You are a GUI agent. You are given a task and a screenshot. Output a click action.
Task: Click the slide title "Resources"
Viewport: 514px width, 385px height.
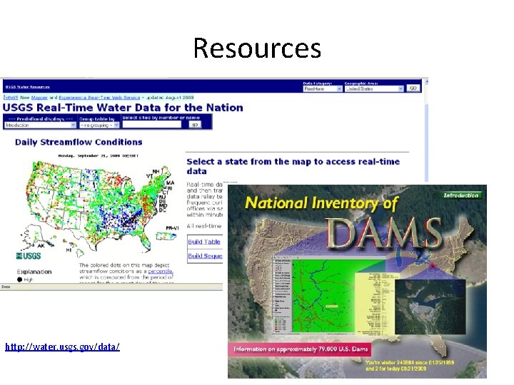pyautogui.click(x=257, y=48)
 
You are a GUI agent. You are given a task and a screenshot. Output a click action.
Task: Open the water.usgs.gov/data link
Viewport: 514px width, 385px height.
pyautogui.click(x=62, y=346)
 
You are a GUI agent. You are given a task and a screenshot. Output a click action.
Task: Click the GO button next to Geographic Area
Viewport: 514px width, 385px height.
pyautogui.click(x=413, y=88)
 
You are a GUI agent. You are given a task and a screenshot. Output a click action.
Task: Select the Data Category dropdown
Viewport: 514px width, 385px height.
pyautogui.click(x=323, y=88)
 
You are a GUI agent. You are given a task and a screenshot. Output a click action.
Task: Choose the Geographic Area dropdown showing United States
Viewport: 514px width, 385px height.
pyautogui.click(x=373, y=88)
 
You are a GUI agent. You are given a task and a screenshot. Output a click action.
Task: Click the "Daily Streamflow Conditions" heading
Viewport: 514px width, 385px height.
pyautogui.click(x=79, y=142)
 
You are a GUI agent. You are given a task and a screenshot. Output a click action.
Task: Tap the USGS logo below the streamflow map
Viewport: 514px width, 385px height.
pyautogui.click(x=31, y=255)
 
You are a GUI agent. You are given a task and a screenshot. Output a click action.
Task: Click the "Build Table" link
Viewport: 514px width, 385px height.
pyautogui.click(x=204, y=242)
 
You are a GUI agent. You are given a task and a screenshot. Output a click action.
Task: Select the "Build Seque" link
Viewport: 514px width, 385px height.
pyautogui.click(x=205, y=256)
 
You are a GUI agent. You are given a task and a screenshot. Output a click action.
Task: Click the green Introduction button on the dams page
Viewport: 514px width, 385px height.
pyautogui.click(x=461, y=195)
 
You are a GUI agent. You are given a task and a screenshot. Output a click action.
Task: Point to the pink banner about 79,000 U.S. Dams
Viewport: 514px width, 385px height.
pyautogui.click(x=310, y=349)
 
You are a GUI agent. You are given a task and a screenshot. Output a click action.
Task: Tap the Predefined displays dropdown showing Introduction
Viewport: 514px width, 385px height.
pyautogui.click(x=39, y=125)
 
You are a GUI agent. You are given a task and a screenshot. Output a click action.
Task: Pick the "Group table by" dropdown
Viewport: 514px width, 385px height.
pyautogui.click(x=99, y=125)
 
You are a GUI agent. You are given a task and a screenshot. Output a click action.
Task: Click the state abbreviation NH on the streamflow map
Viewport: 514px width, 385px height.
pyautogui.click(x=156, y=171)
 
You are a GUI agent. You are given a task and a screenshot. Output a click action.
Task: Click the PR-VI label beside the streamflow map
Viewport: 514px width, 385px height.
pyautogui.click(x=172, y=227)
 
